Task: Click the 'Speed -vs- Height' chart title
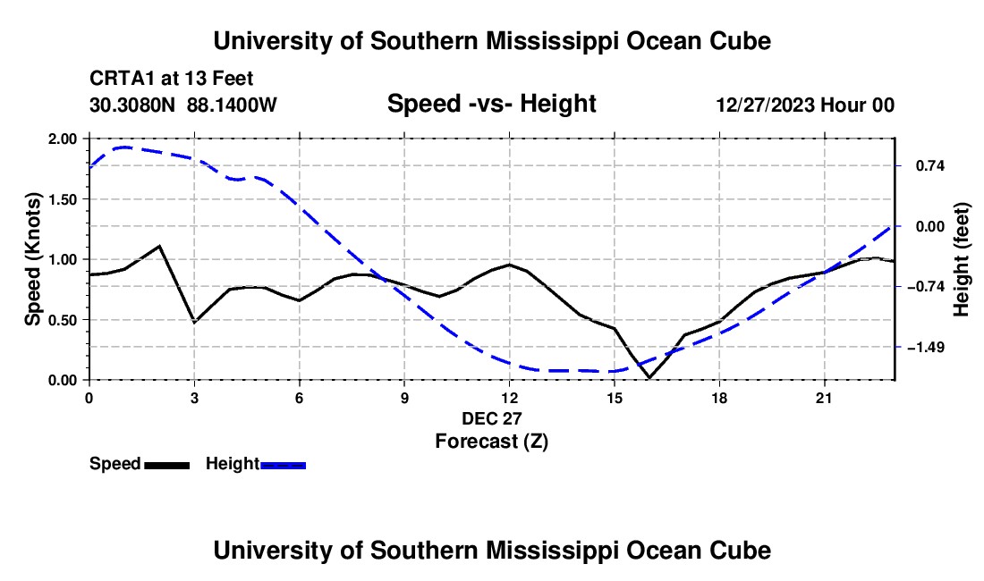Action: (x=491, y=104)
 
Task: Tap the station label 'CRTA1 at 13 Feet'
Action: (x=172, y=79)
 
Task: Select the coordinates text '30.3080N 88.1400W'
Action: (x=182, y=105)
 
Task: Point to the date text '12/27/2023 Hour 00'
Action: (x=805, y=105)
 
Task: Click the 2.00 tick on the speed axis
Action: (x=63, y=139)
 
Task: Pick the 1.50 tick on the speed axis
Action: (x=63, y=199)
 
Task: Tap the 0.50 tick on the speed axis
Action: (x=63, y=320)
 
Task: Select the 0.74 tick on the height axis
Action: (x=930, y=166)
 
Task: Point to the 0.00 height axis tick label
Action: (x=930, y=226)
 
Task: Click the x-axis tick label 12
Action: (x=510, y=398)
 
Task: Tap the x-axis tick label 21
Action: (x=824, y=398)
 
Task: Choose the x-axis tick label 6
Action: (x=300, y=398)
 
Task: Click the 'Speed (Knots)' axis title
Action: (x=32, y=259)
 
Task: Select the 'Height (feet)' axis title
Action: (x=961, y=259)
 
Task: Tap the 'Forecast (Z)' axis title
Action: (x=491, y=442)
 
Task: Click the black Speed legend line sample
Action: (x=167, y=466)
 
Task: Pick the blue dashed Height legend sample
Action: (x=283, y=466)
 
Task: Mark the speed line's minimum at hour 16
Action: (x=649, y=377)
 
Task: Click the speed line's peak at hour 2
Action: (x=160, y=246)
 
